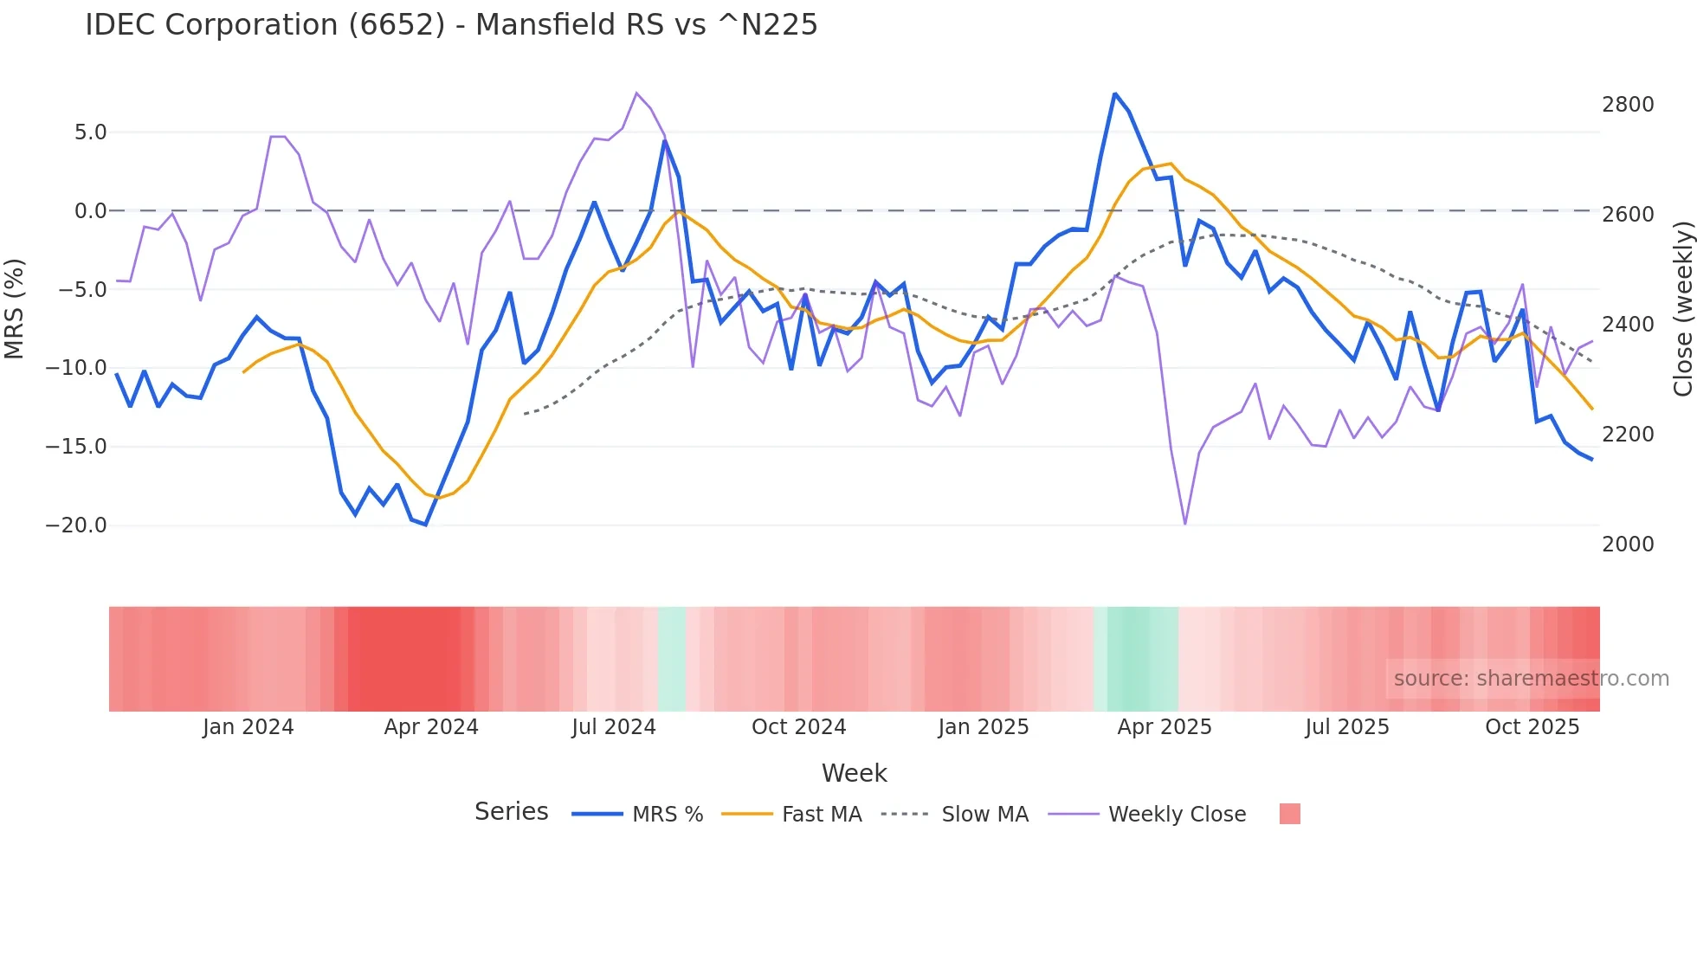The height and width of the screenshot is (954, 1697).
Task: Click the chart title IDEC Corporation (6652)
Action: [450, 25]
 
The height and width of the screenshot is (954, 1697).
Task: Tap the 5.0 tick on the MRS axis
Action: [90, 132]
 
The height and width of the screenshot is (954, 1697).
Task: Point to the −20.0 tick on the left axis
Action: [76, 525]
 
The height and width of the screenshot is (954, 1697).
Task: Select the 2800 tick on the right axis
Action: [1628, 105]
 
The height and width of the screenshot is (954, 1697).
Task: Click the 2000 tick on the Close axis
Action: [1628, 545]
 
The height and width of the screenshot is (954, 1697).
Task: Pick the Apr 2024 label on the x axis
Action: [431, 727]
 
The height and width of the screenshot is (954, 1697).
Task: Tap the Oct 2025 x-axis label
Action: [1532, 727]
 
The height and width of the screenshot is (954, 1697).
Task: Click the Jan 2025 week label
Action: [983, 727]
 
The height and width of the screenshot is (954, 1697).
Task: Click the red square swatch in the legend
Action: [1289, 814]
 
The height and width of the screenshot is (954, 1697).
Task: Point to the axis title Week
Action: [854, 773]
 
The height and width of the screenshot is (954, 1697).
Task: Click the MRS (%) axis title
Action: [15, 308]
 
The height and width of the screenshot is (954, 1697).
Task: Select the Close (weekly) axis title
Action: [1682, 308]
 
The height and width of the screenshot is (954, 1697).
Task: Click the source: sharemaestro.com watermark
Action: [1531, 679]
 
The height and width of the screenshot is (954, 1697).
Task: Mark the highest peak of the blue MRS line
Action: [1115, 93]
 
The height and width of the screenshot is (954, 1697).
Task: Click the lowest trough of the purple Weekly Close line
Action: [1185, 524]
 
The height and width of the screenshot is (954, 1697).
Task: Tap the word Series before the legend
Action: [511, 812]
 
